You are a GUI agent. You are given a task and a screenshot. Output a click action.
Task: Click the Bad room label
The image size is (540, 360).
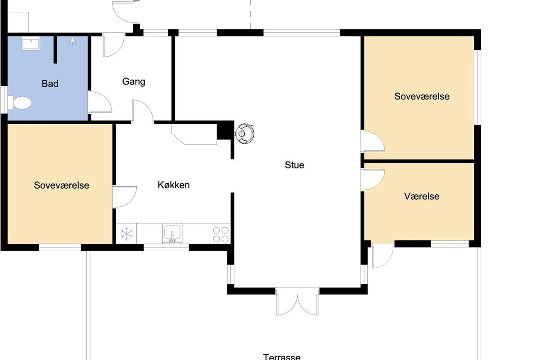(x=50, y=84)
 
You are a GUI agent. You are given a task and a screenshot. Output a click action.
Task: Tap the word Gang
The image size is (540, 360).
(x=134, y=82)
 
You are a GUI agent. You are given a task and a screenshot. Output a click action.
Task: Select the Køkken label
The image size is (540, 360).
(x=174, y=185)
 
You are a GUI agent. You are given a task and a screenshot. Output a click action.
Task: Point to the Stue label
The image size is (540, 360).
(x=294, y=165)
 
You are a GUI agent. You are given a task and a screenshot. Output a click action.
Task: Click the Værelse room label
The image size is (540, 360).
(x=422, y=196)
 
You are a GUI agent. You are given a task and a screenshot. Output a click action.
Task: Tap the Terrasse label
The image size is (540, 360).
(x=282, y=356)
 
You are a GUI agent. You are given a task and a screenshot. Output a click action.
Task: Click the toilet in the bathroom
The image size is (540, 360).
(x=19, y=103)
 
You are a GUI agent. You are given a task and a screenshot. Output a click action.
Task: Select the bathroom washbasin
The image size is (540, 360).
(x=31, y=44)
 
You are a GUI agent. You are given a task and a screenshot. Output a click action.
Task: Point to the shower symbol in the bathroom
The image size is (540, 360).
(x=72, y=41)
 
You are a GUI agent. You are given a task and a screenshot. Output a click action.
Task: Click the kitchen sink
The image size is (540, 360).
(x=172, y=233)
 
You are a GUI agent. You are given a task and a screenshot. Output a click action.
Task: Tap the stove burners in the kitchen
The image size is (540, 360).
(x=220, y=234)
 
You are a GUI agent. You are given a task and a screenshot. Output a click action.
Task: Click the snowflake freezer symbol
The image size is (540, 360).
(x=126, y=234)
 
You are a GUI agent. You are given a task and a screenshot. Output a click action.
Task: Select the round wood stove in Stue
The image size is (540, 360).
(x=245, y=134)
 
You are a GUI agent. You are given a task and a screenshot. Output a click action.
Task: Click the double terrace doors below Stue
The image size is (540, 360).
(x=297, y=301)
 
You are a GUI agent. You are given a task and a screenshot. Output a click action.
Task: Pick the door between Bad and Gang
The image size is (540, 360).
(x=99, y=103)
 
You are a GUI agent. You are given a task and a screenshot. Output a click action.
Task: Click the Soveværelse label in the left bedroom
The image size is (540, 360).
(x=62, y=185)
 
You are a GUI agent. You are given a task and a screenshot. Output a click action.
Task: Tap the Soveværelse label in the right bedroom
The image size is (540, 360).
(x=422, y=96)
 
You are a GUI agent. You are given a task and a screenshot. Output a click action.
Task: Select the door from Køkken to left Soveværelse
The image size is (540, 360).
(x=124, y=197)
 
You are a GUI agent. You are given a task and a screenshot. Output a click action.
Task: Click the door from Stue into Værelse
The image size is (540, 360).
(x=373, y=180)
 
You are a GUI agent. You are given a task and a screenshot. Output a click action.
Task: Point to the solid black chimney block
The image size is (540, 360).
(x=225, y=130)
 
